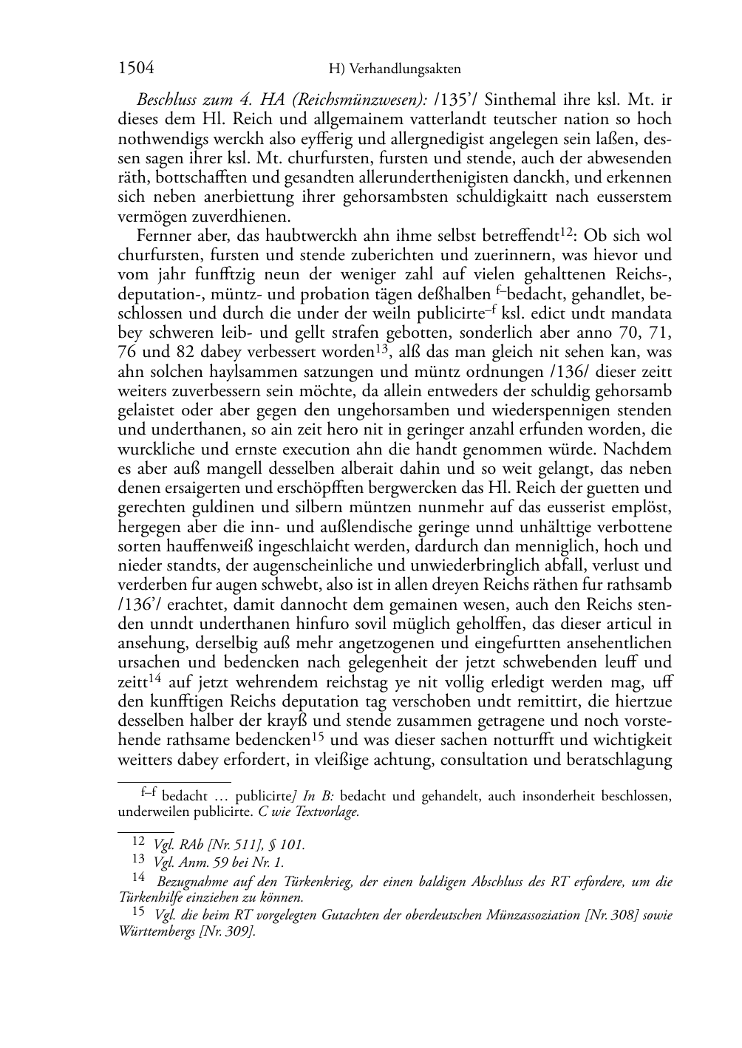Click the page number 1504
(136, 69)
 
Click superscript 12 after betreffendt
(567, 233)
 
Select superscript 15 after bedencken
(318, 735)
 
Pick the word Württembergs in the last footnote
(156, 931)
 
